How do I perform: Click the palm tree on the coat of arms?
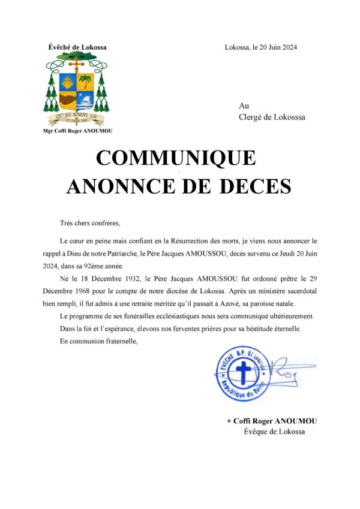(x=86, y=81)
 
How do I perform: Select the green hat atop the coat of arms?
(x=77, y=57)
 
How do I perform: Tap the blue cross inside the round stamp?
(x=242, y=372)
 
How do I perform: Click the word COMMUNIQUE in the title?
(x=176, y=158)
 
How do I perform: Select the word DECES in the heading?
(x=254, y=186)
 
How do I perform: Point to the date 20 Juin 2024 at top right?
(x=275, y=48)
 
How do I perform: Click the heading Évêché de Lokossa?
(x=77, y=47)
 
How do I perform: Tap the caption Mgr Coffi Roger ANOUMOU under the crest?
(x=77, y=131)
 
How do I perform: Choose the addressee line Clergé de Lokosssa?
(x=272, y=118)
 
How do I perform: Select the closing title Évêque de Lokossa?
(x=274, y=432)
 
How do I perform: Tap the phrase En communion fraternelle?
(x=98, y=342)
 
